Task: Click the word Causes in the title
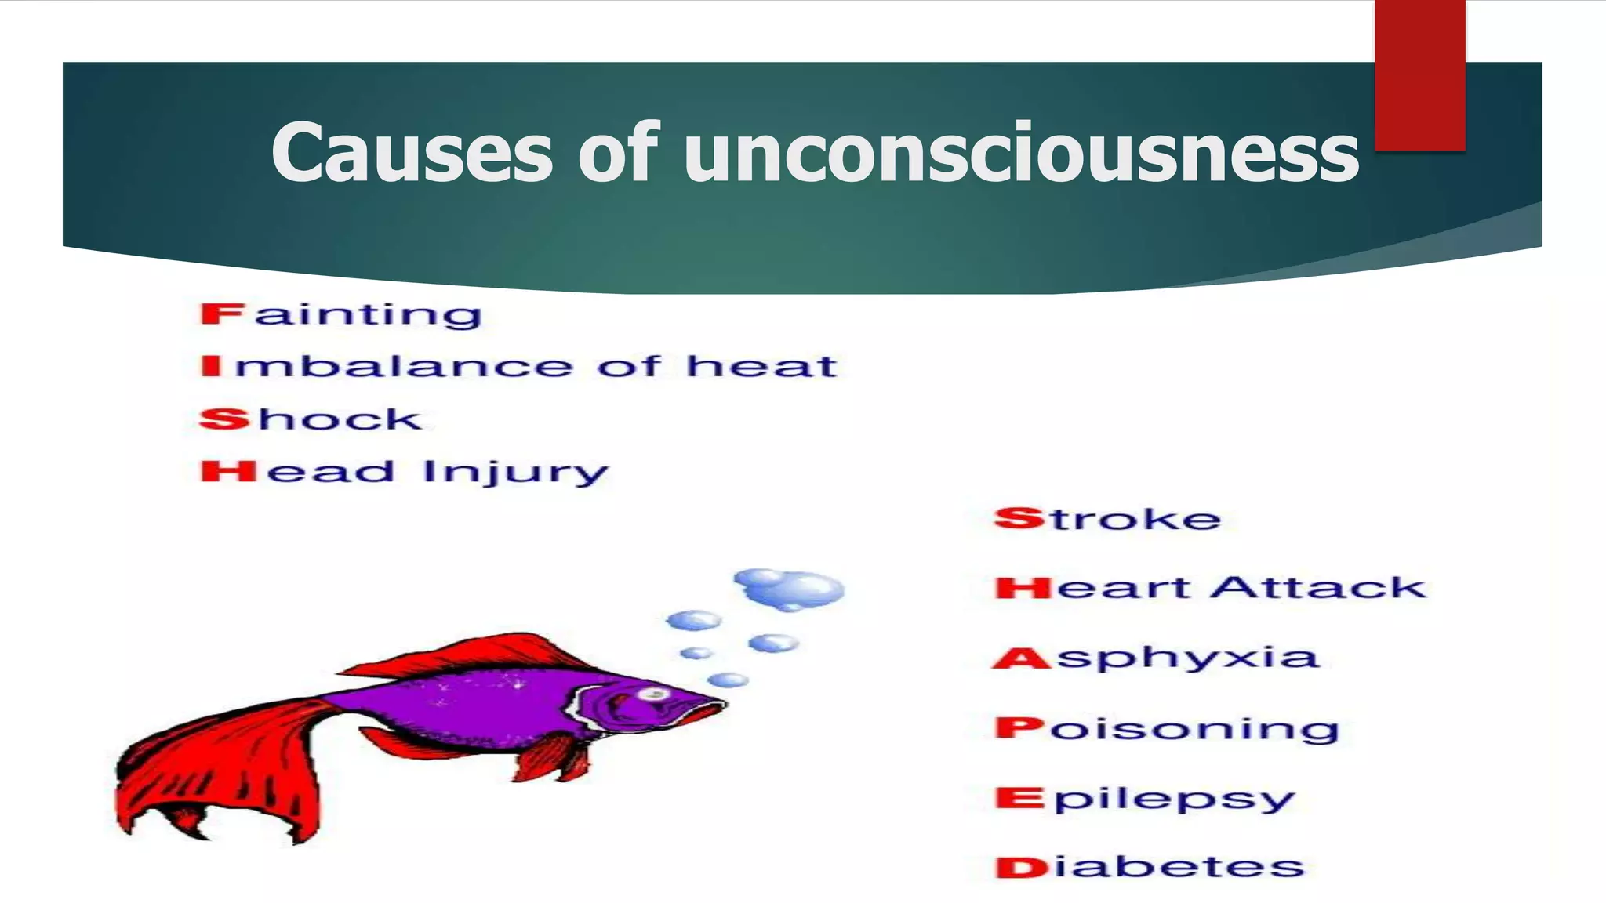412,154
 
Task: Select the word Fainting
341,315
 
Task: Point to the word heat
761,366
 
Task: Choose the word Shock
311,419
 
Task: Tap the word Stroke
1107,519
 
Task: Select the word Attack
1318,588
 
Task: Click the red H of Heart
1023,588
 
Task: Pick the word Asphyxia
1156,657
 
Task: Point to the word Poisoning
1167,729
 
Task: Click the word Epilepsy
1145,799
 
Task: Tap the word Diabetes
1150,868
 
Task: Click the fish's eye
653,694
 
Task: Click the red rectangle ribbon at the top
1419,74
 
